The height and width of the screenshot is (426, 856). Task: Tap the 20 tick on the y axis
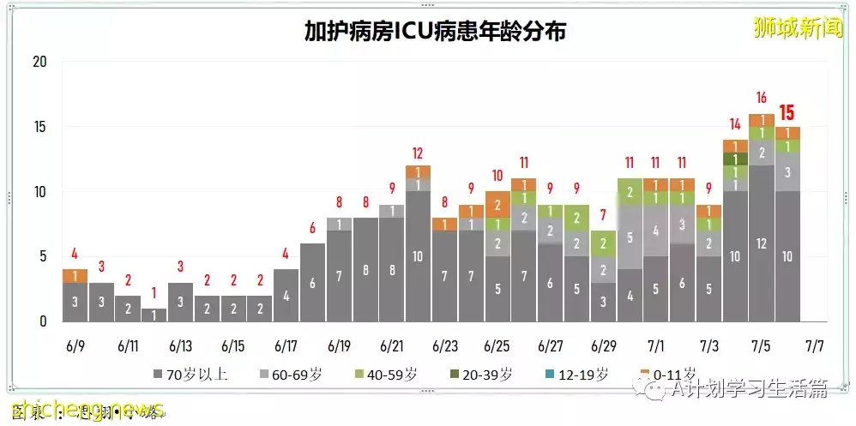pyautogui.click(x=39, y=63)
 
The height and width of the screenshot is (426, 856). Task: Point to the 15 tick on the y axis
pyautogui.click(x=39, y=127)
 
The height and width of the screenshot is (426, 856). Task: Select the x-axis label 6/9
pyautogui.click(x=75, y=347)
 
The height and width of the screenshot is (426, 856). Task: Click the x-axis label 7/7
pyautogui.click(x=814, y=347)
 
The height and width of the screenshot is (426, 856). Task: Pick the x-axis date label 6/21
pyautogui.click(x=392, y=347)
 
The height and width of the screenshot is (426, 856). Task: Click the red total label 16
pyautogui.click(x=761, y=98)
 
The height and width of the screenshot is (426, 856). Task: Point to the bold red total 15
pyautogui.click(x=787, y=112)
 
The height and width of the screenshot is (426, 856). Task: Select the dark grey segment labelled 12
pyautogui.click(x=761, y=243)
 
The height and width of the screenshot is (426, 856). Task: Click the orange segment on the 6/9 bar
pyautogui.click(x=75, y=276)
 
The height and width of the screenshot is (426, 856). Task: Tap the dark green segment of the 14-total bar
pyautogui.click(x=735, y=159)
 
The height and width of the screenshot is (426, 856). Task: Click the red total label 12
pyautogui.click(x=418, y=153)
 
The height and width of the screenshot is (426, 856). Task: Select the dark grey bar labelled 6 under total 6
pyautogui.click(x=312, y=283)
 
